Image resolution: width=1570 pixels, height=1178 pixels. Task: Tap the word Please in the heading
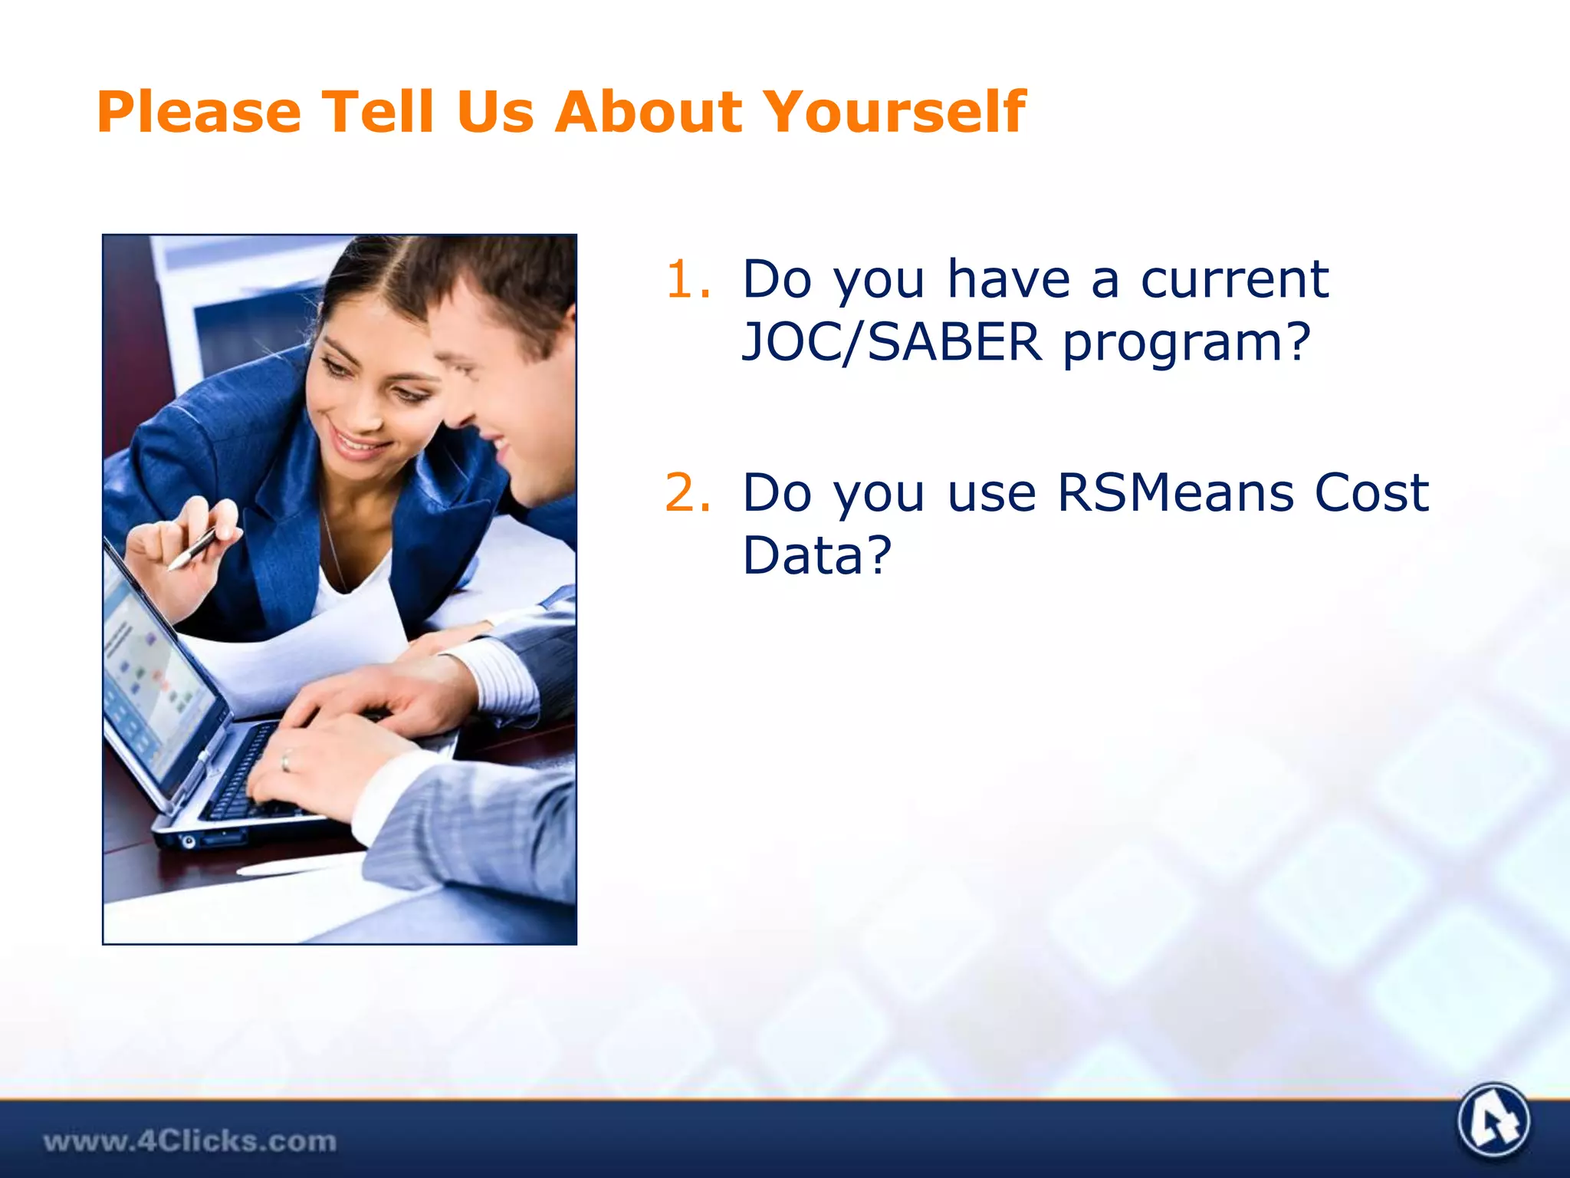(x=199, y=112)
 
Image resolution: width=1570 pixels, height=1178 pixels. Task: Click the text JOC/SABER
(x=892, y=342)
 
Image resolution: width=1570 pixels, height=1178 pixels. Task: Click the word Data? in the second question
(x=817, y=554)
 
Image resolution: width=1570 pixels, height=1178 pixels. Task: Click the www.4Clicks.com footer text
(x=189, y=1141)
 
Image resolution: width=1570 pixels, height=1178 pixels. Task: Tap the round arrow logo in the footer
(x=1493, y=1121)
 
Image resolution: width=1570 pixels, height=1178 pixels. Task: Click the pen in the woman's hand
(x=192, y=548)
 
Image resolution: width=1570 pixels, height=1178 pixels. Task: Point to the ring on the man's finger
(x=285, y=760)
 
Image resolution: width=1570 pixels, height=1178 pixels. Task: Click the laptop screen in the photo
(x=153, y=675)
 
